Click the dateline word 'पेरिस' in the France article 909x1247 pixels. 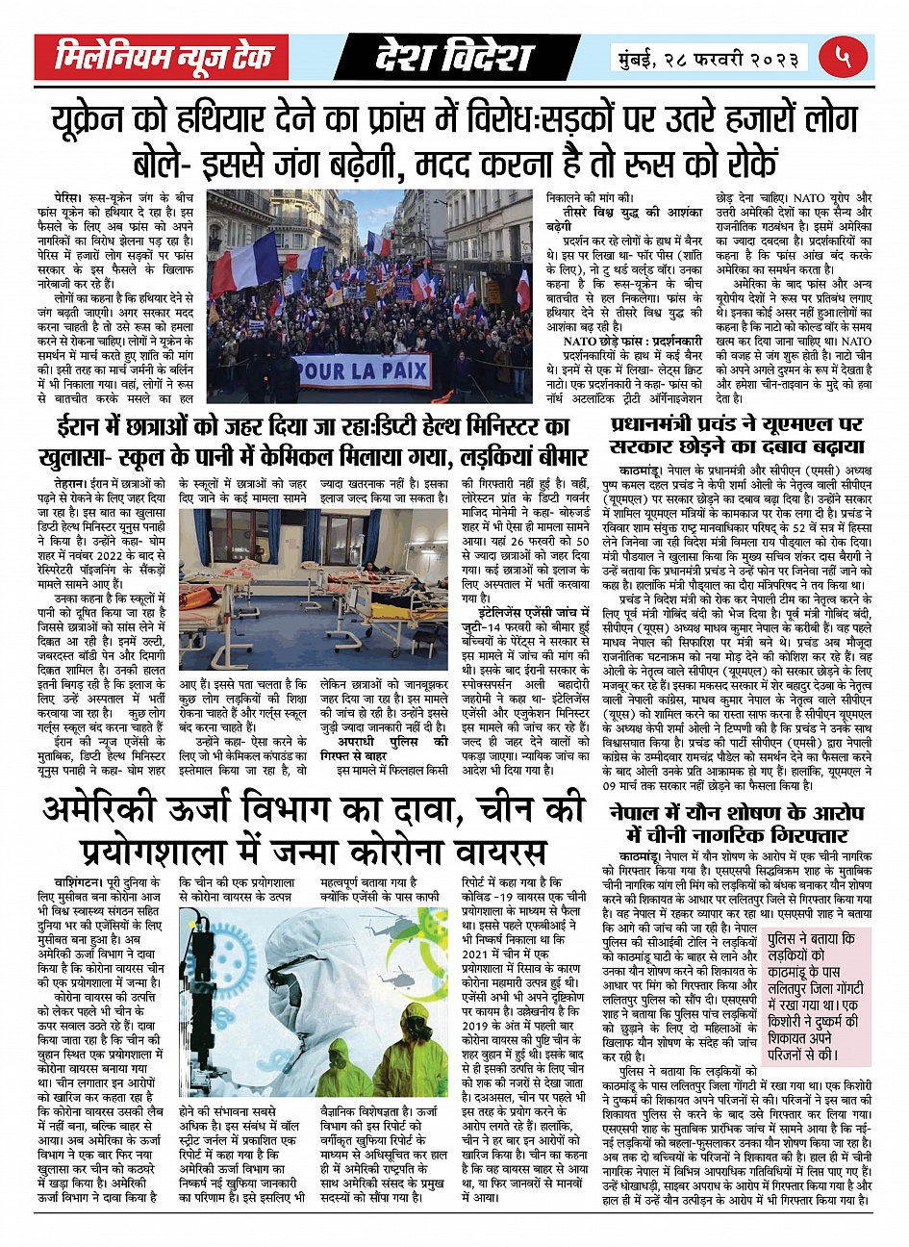69,194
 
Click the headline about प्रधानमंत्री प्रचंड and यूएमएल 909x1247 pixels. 738,436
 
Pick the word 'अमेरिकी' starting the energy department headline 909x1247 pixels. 111,811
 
